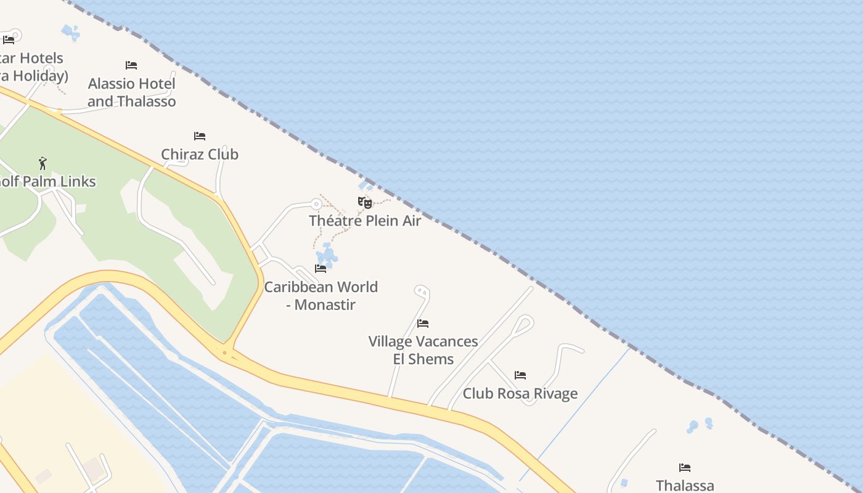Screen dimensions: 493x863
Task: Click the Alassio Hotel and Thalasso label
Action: [131, 92]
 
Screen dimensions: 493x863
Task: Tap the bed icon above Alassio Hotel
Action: [131, 65]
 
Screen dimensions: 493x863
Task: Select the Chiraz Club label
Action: [200, 154]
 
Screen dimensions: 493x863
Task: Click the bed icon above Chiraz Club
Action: [200, 136]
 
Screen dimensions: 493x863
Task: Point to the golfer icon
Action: [43, 163]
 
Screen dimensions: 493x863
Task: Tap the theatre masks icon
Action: [365, 202]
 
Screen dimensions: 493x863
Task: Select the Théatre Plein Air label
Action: [365, 221]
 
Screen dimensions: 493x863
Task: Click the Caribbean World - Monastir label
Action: [321, 295]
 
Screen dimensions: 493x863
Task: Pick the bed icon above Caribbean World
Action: [321, 268]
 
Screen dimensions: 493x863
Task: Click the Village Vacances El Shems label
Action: [423, 350]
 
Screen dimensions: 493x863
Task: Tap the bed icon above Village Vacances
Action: [423, 323]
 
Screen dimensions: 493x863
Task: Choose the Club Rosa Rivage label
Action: [520, 393]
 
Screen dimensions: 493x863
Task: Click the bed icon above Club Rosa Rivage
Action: [520, 375]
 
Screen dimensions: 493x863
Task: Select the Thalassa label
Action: [685, 485]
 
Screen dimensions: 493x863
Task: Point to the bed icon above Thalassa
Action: [685, 467]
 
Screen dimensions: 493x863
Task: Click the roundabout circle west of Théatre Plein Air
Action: [316, 204]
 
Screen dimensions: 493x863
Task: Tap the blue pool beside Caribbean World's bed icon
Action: [326, 254]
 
